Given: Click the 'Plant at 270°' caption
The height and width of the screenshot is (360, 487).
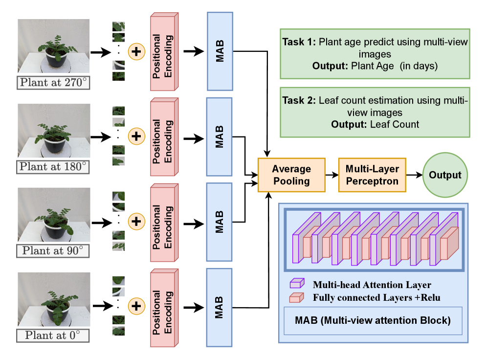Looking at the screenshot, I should [54, 82].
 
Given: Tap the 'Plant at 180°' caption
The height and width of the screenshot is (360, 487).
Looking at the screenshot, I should [54, 167].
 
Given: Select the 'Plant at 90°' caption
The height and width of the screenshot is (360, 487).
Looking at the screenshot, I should [54, 251].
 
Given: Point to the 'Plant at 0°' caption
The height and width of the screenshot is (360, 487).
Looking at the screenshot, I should [54, 336].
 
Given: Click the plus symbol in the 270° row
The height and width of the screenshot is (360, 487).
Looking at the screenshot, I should [136, 51].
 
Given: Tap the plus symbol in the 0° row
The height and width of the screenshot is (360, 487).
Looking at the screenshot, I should [136, 306].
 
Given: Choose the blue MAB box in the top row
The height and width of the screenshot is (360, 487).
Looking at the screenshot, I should [220, 51].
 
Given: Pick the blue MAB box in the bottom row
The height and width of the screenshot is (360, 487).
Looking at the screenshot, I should [220, 307].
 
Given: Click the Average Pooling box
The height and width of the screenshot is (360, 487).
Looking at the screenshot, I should [291, 175].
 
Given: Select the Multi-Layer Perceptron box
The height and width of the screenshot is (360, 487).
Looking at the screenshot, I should [372, 175].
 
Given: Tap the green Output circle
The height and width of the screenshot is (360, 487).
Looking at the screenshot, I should [445, 175].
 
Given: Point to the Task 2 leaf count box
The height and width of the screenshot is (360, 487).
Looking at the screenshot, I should [375, 112].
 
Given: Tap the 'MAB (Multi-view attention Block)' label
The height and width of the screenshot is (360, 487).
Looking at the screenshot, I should [373, 321].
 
